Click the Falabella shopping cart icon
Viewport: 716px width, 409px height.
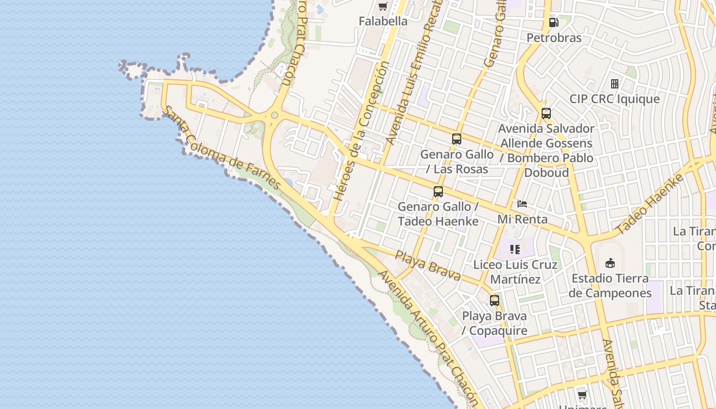pos(383,7)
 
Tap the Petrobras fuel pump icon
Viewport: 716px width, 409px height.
pos(553,22)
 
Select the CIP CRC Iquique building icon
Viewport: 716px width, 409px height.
pos(615,83)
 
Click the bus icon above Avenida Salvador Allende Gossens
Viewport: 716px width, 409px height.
pos(546,113)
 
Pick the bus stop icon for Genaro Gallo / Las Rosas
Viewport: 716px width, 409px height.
pos(457,139)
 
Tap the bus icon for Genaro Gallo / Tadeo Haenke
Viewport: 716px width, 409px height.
pos(438,192)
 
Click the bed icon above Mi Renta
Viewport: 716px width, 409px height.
pos(522,204)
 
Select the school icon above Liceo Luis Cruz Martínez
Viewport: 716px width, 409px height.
pos(514,249)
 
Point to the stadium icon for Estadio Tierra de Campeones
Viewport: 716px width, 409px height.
pos(610,263)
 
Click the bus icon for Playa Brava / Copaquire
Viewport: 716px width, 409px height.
pos(494,301)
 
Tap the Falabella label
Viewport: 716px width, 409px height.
pos(383,21)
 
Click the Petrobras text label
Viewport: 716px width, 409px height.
pos(554,38)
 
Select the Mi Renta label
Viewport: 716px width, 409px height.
pos(523,219)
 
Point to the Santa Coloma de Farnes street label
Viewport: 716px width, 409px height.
pos(221,148)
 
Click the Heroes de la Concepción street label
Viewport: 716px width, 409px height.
pos(361,131)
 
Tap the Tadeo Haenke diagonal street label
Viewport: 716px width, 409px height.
pos(650,204)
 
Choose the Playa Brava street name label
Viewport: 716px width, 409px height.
pos(428,265)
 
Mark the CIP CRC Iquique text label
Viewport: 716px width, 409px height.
pos(615,99)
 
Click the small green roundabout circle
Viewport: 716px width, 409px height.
pos(275,115)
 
